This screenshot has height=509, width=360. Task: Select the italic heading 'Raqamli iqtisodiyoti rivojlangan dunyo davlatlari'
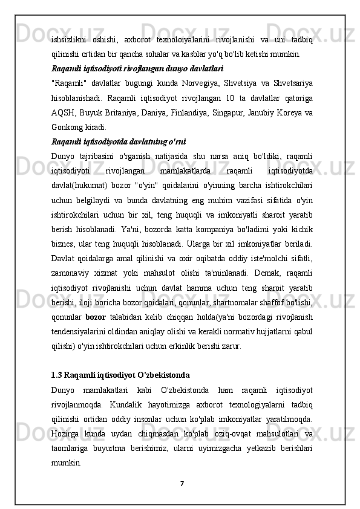[137, 68]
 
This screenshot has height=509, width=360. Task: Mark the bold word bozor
[95, 317]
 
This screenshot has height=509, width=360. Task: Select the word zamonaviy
[75, 273]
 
